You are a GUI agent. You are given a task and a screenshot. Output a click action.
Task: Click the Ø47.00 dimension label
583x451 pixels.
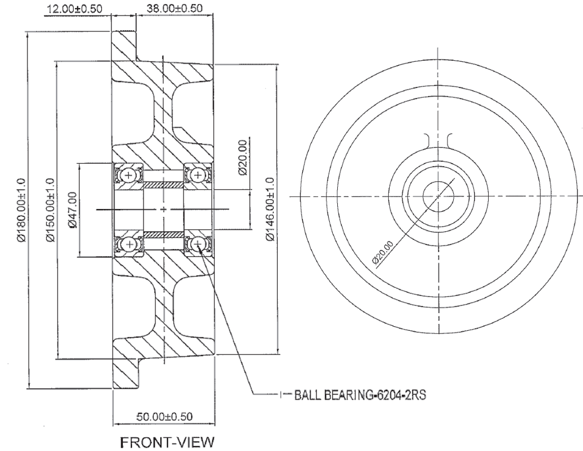71,210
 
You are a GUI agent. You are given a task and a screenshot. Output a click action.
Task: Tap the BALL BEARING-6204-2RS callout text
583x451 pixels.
360,395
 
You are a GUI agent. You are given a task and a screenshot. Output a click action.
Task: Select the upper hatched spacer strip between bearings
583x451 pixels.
163,185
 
